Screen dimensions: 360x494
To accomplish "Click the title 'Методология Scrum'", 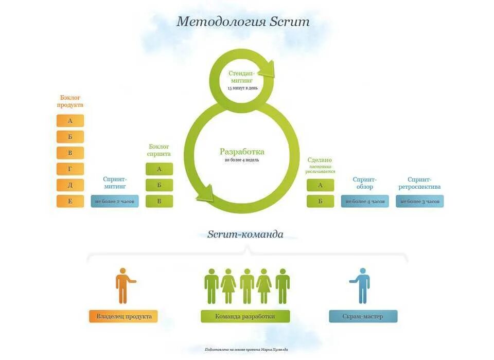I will pos(243,22).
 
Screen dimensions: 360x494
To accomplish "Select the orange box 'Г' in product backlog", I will pos(70,169).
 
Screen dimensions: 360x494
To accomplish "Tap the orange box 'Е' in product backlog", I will pos(70,201).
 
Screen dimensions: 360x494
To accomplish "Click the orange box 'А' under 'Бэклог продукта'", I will pos(70,121).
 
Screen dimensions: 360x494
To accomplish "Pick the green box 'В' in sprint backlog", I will pos(159,201).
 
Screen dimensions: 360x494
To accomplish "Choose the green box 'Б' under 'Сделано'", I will pos(320,201).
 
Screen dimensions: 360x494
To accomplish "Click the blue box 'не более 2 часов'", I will pos(115,201).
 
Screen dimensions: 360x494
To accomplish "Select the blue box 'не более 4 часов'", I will pos(365,201).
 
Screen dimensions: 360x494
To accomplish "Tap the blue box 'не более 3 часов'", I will pos(419,201).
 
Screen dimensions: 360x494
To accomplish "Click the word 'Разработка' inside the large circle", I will pos(242,152).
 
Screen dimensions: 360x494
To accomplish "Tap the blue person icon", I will pos(363,285).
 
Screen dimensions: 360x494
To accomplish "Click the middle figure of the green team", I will pos(247,286).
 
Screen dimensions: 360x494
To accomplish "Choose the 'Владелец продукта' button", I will pos(123,316).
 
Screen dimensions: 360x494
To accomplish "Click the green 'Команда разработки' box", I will pos(245,316).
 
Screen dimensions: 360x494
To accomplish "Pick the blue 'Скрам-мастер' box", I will pos(363,316).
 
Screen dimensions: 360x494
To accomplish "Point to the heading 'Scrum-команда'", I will pos(245,235).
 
